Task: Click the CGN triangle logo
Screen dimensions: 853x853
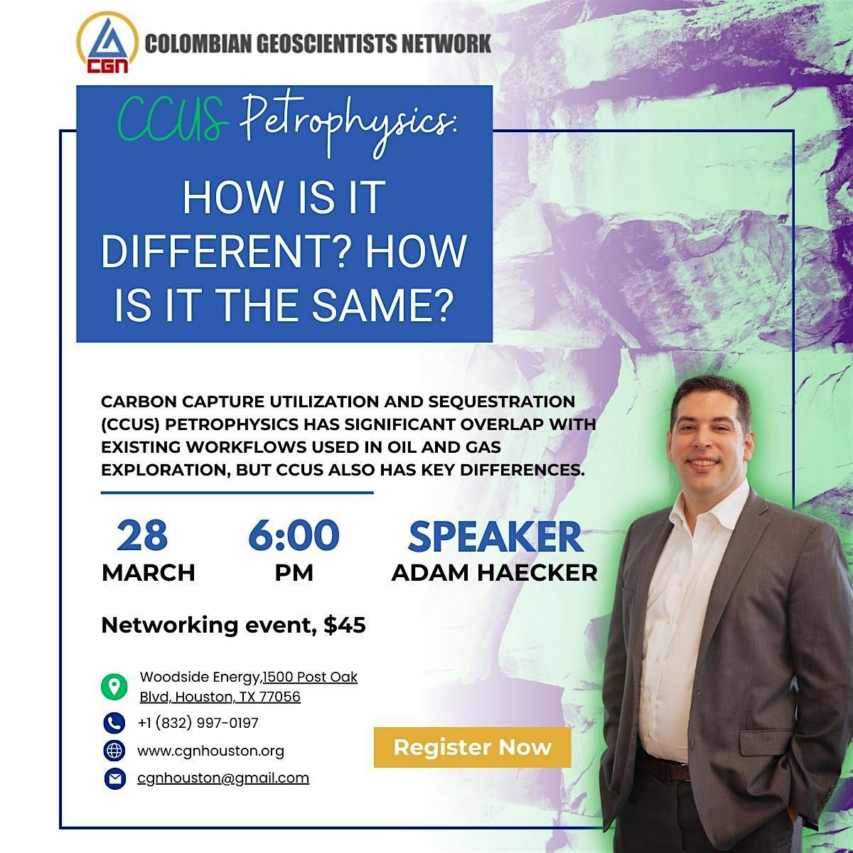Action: (107, 43)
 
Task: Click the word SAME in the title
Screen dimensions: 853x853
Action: (382, 306)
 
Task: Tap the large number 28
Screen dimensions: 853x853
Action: (142, 535)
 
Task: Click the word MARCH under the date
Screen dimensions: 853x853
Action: (149, 573)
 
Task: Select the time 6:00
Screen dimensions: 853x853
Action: (294, 535)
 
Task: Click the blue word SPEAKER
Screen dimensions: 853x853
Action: (495, 537)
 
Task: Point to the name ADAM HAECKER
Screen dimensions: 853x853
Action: (495, 573)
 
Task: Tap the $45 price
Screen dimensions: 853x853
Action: (344, 625)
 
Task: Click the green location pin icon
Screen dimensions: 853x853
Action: (114, 687)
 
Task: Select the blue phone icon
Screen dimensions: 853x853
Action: (114, 724)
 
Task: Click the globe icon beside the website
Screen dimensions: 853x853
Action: (114, 751)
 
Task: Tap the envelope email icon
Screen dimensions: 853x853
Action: (115, 778)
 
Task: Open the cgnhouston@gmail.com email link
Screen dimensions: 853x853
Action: (223, 778)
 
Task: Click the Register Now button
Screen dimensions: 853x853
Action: (472, 747)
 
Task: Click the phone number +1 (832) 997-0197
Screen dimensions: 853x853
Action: (198, 723)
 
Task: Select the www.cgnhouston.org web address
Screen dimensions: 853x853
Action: (210, 751)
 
